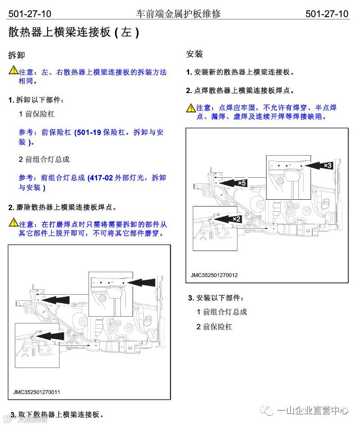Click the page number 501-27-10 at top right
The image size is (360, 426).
tap(327, 13)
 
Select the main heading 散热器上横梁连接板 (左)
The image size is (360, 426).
tap(74, 33)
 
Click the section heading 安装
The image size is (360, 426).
tap(195, 54)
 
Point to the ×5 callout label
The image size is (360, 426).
tap(241, 183)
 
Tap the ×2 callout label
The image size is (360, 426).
tap(236, 219)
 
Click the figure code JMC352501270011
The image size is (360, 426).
tap(37, 392)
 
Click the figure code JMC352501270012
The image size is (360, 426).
tap(214, 275)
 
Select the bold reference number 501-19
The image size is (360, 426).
tap(88, 133)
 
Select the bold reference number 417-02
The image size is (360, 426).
tap(102, 178)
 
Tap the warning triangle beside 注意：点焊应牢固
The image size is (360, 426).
tap(191, 107)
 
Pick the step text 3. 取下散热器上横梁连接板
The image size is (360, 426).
tap(57, 414)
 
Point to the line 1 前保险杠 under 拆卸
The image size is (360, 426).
tap(36, 114)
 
